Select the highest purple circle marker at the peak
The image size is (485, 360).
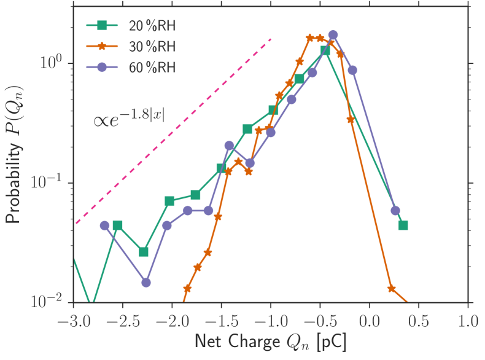coord(333,35)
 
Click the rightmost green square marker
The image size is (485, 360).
coord(403,225)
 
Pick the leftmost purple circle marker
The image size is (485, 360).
coord(104,225)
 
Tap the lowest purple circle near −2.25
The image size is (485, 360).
coord(146,283)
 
